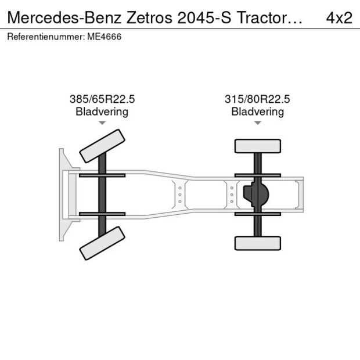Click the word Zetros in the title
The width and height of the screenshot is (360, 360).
149,17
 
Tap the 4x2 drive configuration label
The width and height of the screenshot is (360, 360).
339,17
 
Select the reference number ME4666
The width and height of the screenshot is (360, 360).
105,37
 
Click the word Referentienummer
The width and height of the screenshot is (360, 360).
45,37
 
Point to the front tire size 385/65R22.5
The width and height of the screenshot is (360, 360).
102,99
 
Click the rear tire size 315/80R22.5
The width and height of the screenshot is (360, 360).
257,99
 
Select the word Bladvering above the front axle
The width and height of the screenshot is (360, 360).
102,111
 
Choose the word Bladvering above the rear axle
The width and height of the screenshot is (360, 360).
258,111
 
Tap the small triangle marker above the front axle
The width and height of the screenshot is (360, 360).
102,123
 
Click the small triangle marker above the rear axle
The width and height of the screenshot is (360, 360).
258,123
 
